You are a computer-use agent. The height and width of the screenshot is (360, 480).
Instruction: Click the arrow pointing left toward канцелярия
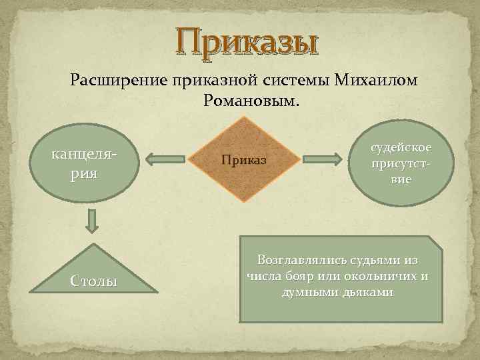[165, 159]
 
